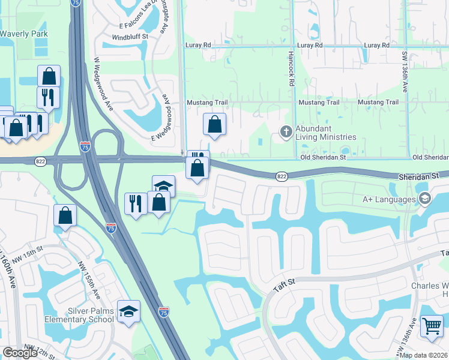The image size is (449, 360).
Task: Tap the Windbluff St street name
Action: pyautogui.click(x=130, y=37)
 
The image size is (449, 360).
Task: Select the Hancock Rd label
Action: pyautogui.click(x=292, y=69)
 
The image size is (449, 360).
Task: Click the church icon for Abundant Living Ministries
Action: pyautogui.click(x=287, y=131)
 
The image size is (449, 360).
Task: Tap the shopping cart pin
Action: pyautogui.click(x=432, y=326)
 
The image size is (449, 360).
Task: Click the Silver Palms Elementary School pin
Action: pyautogui.click(x=128, y=311)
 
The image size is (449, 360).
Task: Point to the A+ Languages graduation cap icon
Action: pyautogui.click(x=424, y=199)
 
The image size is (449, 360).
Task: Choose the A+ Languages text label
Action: pyautogui.click(x=388, y=199)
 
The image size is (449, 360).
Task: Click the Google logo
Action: pyautogui.click(x=20, y=353)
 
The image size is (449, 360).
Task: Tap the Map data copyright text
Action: pyautogui.click(x=423, y=355)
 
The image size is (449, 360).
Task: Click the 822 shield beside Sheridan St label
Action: pyautogui.click(x=282, y=176)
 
